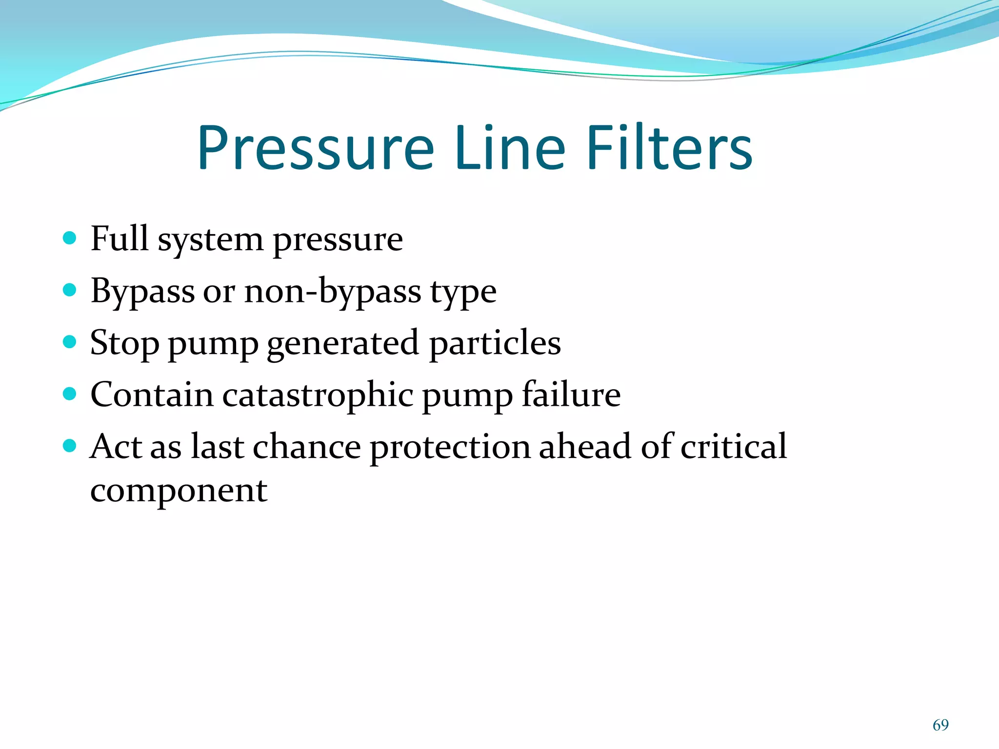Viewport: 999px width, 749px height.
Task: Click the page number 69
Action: click(940, 725)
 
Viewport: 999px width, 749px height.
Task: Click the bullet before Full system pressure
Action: click(70, 238)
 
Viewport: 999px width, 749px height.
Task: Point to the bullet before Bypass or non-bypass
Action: click(70, 290)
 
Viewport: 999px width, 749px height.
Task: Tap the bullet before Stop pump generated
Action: click(70, 342)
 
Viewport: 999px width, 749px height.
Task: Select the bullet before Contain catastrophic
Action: click(70, 394)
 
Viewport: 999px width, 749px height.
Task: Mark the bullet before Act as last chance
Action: click(70, 445)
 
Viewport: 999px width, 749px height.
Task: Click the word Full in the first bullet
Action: click(120, 239)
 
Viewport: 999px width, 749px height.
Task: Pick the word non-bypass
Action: click(333, 292)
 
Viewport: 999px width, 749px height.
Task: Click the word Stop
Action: click(124, 343)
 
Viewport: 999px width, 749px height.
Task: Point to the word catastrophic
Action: click(318, 395)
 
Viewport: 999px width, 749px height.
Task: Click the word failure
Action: click(571, 394)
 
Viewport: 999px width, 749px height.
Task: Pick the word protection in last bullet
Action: click(450, 447)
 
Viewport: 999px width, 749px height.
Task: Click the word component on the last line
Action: click(179, 491)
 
